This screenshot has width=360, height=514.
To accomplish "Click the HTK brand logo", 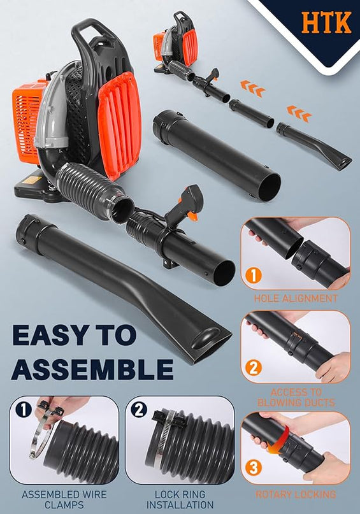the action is [x=326, y=22].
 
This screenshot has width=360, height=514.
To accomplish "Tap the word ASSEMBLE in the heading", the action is [x=92, y=369].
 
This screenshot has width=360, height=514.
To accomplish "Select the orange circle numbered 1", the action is [x=254, y=275].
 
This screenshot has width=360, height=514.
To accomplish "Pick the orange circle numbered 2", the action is [x=254, y=368].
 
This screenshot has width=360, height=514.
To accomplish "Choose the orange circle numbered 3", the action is [x=254, y=468].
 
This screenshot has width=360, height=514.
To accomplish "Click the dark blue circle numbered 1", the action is [x=24, y=410].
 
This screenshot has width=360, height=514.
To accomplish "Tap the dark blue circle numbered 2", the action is [x=139, y=410].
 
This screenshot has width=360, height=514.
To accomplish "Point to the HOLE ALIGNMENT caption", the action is [x=296, y=298].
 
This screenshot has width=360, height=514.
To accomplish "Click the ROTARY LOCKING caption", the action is [x=296, y=494].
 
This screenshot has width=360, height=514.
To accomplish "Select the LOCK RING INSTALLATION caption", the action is [x=180, y=499].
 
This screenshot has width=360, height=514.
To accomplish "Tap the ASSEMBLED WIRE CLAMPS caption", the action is [x=64, y=499].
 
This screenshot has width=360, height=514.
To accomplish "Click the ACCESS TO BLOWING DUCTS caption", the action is [x=296, y=397].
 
